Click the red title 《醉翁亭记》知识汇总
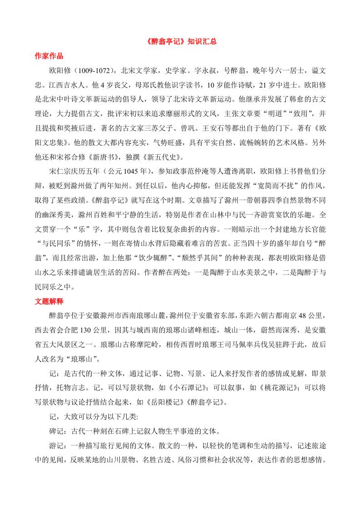pyautogui.click(x=180, y=41)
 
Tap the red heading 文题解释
pyautogui.click(x=49, y=301)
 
